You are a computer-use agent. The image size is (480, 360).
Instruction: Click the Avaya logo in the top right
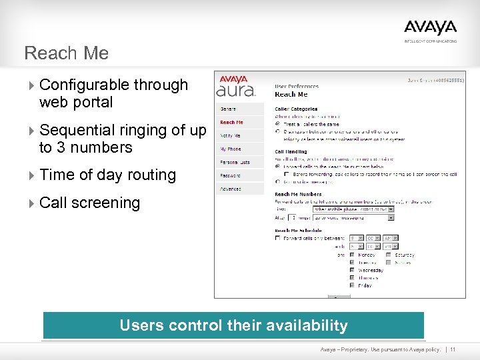point(430,28)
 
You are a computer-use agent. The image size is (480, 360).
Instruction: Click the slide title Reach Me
point(66,53)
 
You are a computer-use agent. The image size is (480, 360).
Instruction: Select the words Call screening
point(90,203)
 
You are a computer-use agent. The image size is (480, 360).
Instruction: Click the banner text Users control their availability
point(233,325)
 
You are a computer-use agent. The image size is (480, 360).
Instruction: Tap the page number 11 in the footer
point(453,349)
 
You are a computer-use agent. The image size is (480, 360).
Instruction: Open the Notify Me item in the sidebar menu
point(231,135)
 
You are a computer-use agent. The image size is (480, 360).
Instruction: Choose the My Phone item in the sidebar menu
point(231,149)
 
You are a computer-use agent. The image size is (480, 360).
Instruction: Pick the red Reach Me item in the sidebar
point(231,122)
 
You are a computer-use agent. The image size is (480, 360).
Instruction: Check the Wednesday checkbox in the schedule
point(353,270)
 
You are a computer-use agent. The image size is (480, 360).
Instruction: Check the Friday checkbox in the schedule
point(353,285)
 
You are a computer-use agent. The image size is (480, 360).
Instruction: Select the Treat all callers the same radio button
point(278,123)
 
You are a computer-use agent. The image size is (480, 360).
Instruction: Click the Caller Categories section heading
point(296,109)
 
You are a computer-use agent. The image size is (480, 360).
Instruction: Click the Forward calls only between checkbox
point(278,238)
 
